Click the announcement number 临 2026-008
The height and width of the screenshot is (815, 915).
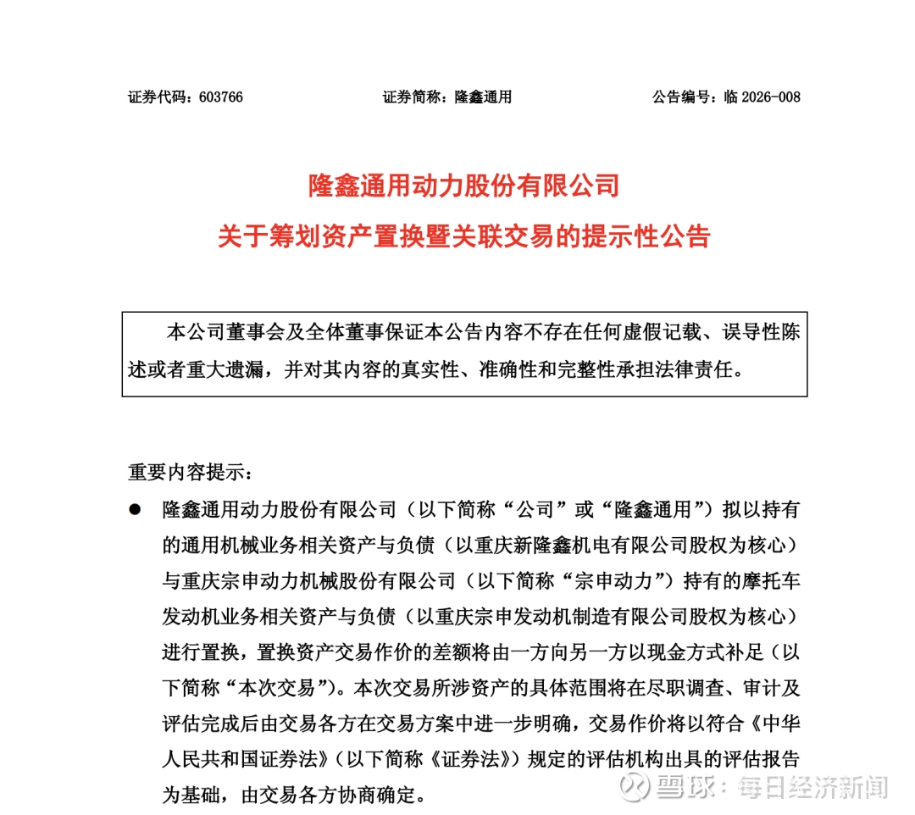pos(762,97)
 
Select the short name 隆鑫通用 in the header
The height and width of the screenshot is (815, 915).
pos(483,97)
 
